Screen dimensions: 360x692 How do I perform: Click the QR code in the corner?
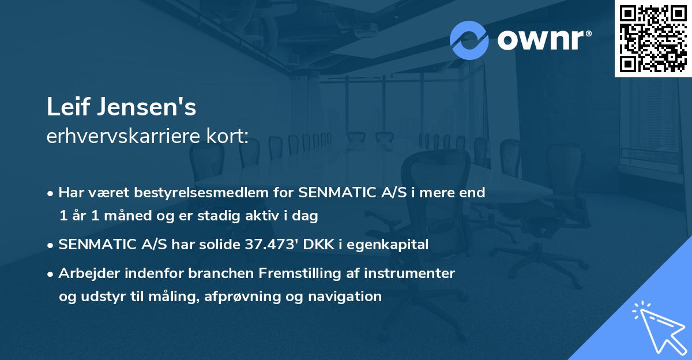tap(652, 39)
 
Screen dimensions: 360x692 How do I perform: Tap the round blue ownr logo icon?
tap(469, 40)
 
